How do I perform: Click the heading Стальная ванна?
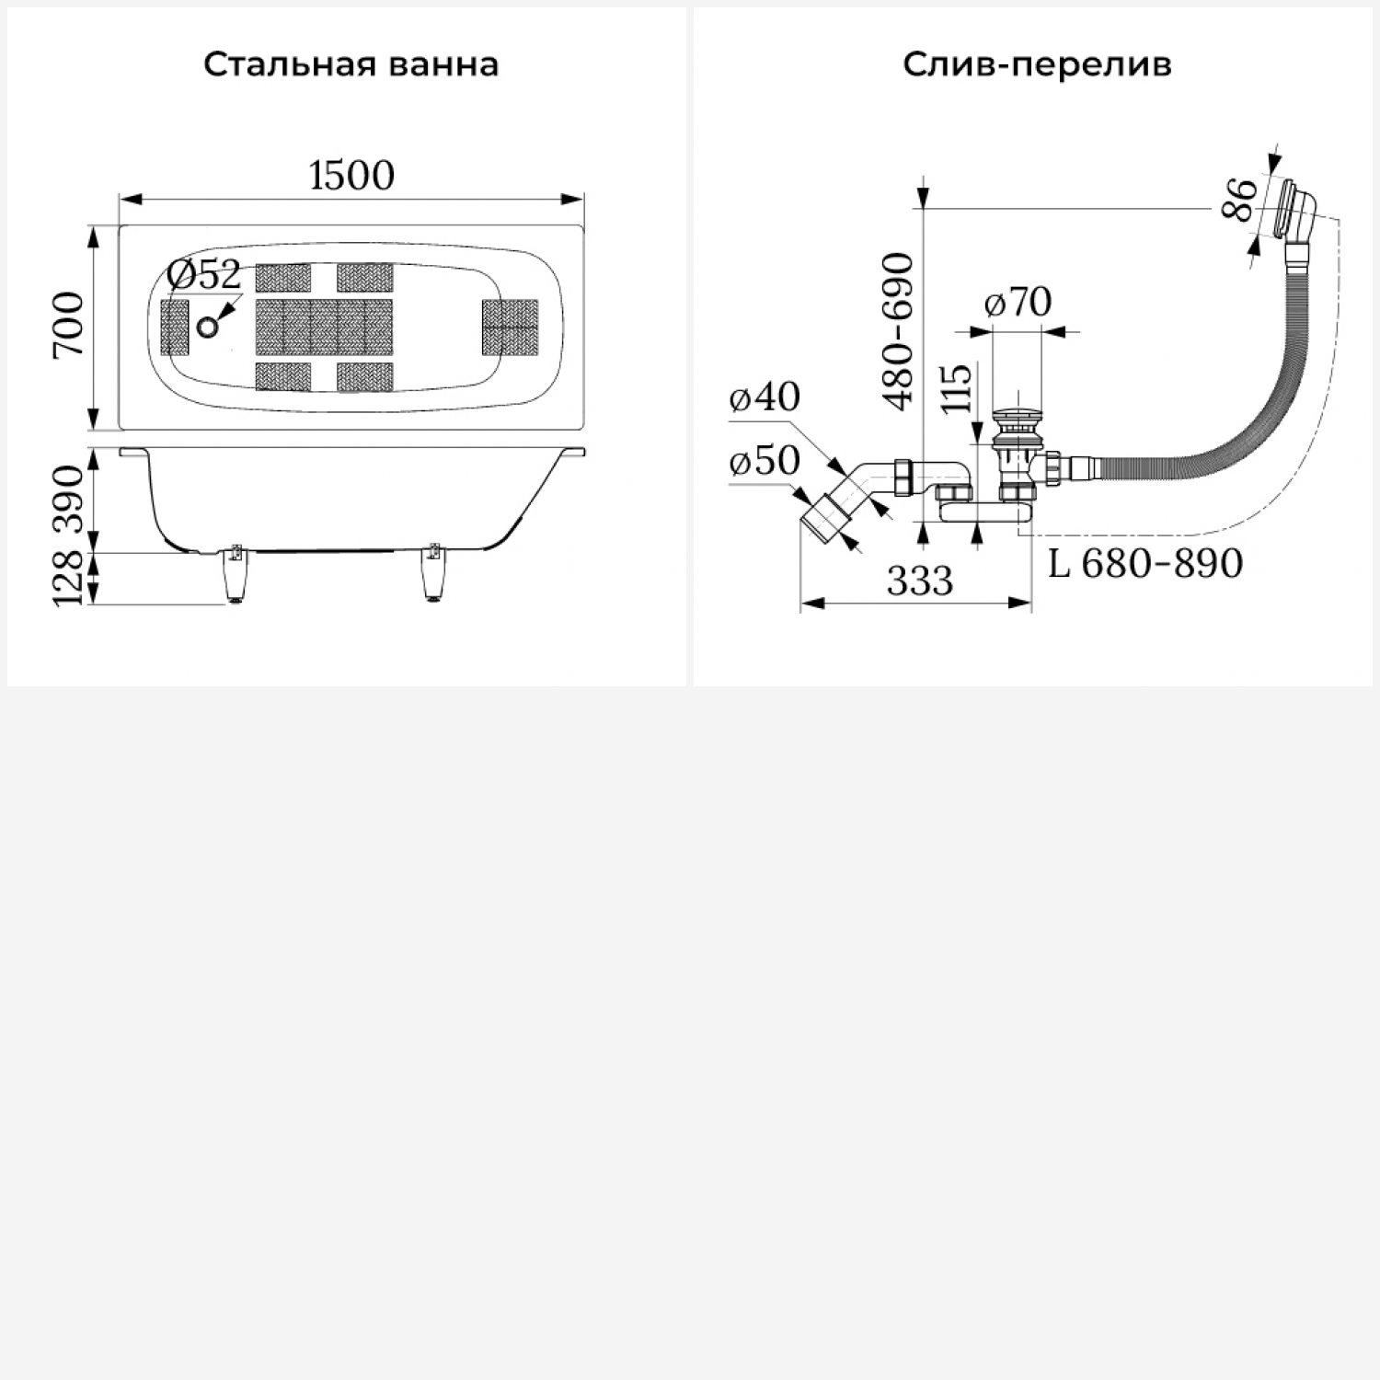click(x=351, y=65)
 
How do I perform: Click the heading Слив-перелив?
click(x=1037, y=65)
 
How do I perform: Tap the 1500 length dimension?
click(x=351, y=175)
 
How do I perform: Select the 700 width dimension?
click(x=70, y=326)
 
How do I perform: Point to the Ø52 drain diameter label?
click(x=203, y=275)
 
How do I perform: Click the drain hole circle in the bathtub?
click(x=209, y=326)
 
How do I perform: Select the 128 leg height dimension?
click(x=70, y=578)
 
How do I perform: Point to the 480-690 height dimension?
click(x=898, y=330)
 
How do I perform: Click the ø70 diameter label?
click(x=1018, y=302)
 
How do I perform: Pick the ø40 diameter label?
click(x=765, y=397)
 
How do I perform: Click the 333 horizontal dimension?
click(x=920, y=581)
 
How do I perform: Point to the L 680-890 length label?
click(x=1145, y=563)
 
